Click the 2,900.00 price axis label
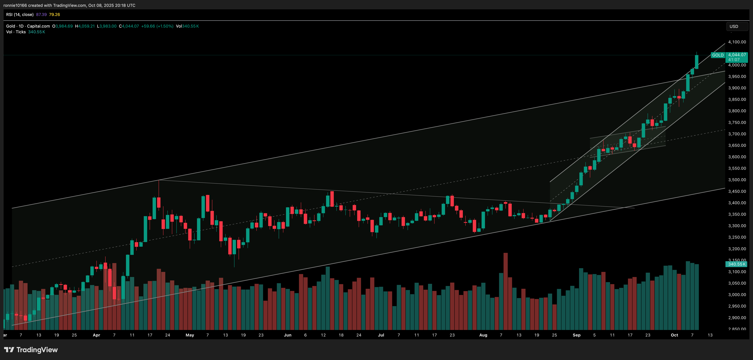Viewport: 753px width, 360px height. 737,318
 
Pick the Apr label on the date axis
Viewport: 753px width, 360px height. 96,335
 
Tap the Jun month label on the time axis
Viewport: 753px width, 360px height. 288,335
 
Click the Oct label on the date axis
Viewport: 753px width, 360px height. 674,335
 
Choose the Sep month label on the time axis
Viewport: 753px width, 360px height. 576,335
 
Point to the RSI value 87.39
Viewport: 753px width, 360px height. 41,15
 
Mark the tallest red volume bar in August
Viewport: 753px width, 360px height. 505,291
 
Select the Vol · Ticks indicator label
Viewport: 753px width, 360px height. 16,32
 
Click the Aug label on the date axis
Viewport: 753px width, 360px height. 483,335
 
